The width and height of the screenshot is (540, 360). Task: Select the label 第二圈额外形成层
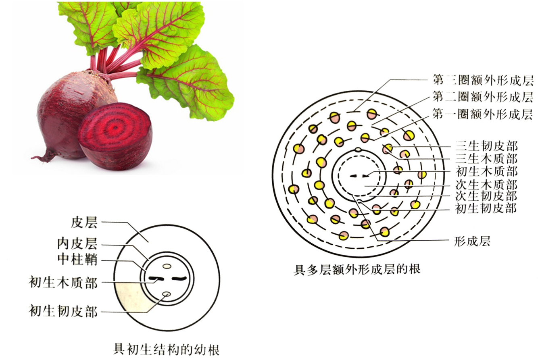click(482, 97)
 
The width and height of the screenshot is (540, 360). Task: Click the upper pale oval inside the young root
click(167, 266)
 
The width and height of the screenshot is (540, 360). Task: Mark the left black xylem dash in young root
click(156, 278)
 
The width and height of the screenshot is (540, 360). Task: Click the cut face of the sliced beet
click(115, 129)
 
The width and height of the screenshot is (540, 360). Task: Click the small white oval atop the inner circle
click(358, 150)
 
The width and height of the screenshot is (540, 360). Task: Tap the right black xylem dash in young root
click(179, 278)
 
